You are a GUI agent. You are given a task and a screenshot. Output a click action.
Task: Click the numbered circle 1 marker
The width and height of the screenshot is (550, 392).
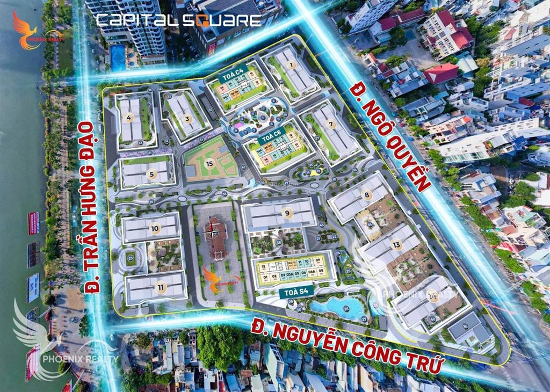click(292, 65)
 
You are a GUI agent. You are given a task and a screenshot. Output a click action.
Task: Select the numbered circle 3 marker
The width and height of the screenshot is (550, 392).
click(187, 119)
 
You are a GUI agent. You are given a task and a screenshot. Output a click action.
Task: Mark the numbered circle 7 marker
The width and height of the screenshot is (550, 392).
click(331, 124)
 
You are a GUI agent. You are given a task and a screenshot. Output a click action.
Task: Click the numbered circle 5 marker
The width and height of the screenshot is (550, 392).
click(152, 173)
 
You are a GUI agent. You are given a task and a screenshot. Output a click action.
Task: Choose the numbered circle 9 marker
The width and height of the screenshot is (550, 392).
click(287, 213)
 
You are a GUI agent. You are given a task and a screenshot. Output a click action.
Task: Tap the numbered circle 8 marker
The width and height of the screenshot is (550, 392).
click(367, 195)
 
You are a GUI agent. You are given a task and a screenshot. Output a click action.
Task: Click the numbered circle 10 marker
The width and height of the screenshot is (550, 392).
click(155, 228)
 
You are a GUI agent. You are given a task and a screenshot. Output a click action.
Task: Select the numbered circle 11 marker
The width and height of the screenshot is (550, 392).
click(160, 287)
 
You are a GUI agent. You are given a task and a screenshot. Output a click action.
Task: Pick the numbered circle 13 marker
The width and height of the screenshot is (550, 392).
click(396, 244)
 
